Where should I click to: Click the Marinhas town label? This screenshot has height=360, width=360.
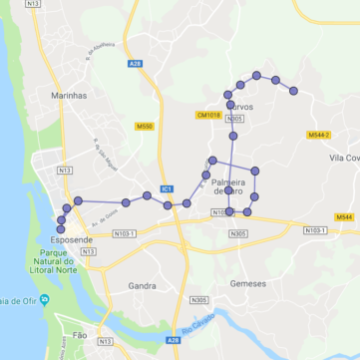pyautogui.click(x=69, y=96)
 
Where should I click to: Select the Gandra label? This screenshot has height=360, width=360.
pyautogui.click(x=142, y=285)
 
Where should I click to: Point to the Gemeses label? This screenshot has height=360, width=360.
pyautogui.click(x=248, y=283)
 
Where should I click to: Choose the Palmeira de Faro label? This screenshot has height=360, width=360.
pyautogui.click(x=227, y=185)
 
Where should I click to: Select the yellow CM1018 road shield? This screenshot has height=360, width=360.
pyautogui.click(x=208, y=116)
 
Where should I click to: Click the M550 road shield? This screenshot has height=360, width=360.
pyautogui.click(x=145, y=127)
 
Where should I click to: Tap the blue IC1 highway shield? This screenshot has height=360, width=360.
pyautogui.click(x=167, y=188)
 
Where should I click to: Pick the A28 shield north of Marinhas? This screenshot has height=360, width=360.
pyautogui.click(x=136, y=64)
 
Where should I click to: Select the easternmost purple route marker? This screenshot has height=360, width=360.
pyautogui.click(x=293, y=91)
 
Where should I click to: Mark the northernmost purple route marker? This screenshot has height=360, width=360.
pyautogui.click(x=256, y=75)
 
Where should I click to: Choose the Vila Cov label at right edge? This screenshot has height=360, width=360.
pyautogui.click(x=344, y=158)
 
